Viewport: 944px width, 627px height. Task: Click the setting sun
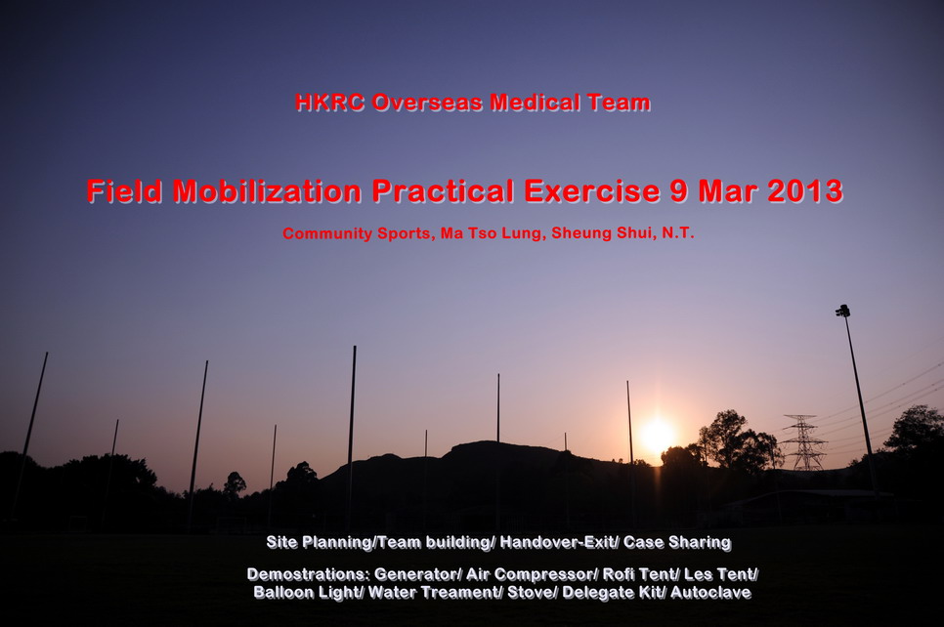(x=657, y=435)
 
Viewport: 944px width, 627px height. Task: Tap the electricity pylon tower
(x=802, y=442)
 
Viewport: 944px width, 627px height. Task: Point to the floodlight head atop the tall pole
(x=842, y=311)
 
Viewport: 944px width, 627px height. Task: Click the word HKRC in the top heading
(x=329, y=103)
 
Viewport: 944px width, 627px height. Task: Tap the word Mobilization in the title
(x=267, y=191)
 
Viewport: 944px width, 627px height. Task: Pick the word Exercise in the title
(x=591, y=191)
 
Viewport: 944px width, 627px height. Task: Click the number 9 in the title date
(x=679, y=191)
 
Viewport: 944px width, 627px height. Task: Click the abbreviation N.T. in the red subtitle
(x=678, y=232)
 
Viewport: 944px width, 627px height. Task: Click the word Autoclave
(x=711, y=593)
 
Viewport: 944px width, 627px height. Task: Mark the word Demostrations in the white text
(x=308, y=574)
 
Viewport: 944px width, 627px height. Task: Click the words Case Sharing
(x=677, y=543)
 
